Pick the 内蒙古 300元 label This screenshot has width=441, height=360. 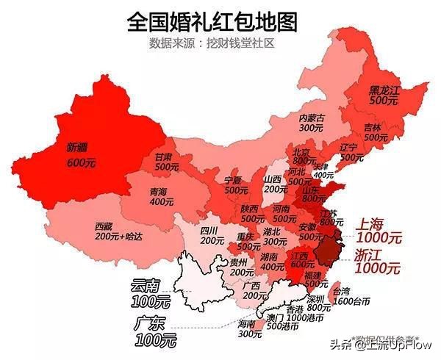[x=312, y=122]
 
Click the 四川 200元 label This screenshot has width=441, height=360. [x=212, y=235]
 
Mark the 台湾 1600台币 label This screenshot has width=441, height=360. [x=350, y=295]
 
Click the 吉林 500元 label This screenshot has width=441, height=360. [x=376, y=132]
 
